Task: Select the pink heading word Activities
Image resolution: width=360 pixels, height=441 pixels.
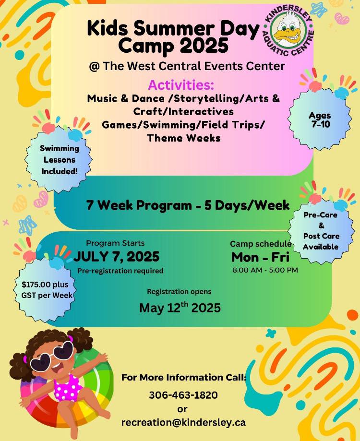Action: [181, 84]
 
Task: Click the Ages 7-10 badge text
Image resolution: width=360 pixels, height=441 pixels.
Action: [320, 119]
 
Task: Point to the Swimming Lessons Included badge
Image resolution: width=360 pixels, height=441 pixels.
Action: [59, 159]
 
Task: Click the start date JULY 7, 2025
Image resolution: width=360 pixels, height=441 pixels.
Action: [117, 256]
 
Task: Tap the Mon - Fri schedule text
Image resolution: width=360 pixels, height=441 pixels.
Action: [260, 257]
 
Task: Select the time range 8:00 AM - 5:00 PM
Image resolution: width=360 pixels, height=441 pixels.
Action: [265, 270]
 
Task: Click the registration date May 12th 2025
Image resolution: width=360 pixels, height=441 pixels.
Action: [180, 308]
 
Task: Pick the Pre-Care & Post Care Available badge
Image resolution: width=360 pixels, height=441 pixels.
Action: [321, 231]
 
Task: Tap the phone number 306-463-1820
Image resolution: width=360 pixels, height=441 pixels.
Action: [183, 395]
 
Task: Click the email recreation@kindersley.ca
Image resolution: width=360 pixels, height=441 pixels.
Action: [183, 422]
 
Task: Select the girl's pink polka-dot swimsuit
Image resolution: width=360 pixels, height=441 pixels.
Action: [68, 387]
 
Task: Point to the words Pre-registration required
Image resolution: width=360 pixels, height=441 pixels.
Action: [120, 271]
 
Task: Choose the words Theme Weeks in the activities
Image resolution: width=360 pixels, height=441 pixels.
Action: [184, 138]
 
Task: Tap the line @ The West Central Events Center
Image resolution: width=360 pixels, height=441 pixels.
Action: [187, 66]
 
